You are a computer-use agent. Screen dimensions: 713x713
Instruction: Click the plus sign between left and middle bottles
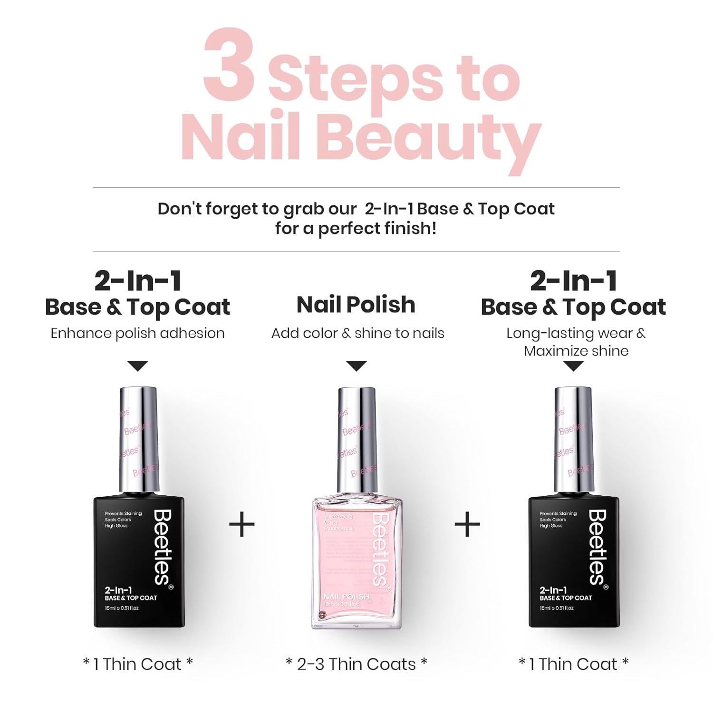pos(242,525)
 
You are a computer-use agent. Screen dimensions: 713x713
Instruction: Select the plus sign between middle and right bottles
pos(467,525)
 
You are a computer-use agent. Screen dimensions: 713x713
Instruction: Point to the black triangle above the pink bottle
pos(356,366)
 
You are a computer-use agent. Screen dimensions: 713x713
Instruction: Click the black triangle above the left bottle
pos(138,366)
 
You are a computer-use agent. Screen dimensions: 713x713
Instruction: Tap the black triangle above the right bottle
pos(574,366)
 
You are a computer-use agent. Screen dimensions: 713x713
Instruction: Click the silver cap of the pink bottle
pos(356,440)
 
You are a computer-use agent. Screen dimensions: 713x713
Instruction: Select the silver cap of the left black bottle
pos(138,440)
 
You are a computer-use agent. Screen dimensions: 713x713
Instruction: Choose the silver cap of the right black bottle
pos(574,440)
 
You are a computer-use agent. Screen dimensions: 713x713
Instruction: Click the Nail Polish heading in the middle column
pos(356,305)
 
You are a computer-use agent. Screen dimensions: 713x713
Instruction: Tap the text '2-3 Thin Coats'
pos(356,664)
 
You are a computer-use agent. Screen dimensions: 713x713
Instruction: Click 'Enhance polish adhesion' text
pos(137,333)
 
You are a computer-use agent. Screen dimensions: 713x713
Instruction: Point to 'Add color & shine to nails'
pos(357,333)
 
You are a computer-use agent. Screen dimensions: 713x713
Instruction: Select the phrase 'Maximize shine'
pos(576,351)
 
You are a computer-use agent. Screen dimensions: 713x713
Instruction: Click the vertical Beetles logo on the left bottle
pos(163,547)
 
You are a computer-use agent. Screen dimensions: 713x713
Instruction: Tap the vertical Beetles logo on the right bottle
pos(597,547)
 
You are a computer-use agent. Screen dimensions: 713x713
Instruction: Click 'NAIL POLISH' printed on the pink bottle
pos(346,597)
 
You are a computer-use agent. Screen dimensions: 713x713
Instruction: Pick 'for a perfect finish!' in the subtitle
pos(356,229)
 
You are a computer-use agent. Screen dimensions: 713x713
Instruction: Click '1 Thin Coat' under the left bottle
pos(138,664)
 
